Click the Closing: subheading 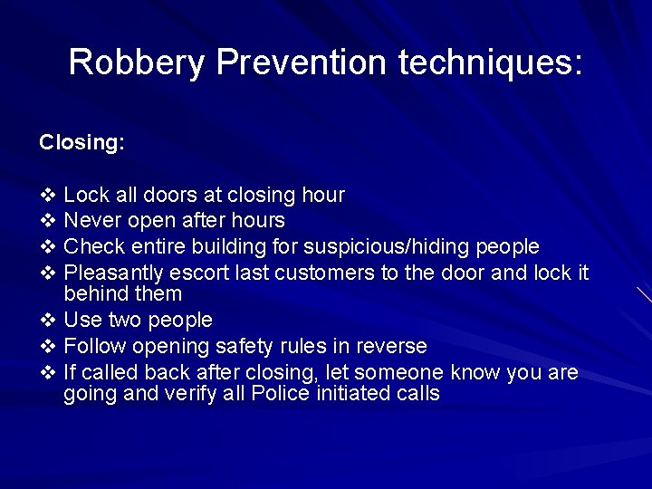[81, 143]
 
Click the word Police [285, 394]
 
